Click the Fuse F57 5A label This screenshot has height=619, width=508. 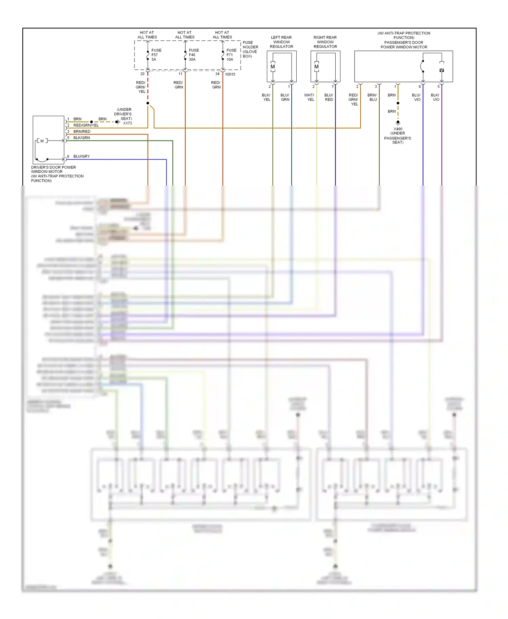pyautogui.click(x=156, y=55)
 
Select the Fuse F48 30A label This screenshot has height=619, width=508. pyautogui.click(x=194, y=55)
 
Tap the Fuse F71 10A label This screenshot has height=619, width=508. pyautogui.click(x=231, y=55)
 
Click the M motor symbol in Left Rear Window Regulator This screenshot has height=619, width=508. pyautogui.click(x=273, y=67)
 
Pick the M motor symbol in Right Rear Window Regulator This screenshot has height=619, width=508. pyautogui.click(x=316, y=67)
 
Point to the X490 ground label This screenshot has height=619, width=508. pyautogui.click(x=398, y=129)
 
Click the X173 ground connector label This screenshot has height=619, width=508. pyautogui.click(x=127, y=123)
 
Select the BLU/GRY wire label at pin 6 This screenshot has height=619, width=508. pyautogui.click(x=81, y=156)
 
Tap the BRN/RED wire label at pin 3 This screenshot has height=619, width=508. pyautogui.click(x=82, y=131)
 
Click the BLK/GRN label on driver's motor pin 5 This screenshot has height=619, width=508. pyautogui.click(x=81, y=138)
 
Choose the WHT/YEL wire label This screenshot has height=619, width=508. pyautogui.click(x=309, y=98)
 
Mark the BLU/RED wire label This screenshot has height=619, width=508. pyautogui.click(x=329, y=98)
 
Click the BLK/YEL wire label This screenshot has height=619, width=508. pyautogui.click(x=266, y=98)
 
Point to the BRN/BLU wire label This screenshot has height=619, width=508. pyautogui.click(x=372, y=98)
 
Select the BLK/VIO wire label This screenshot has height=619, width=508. pyautogui.click(x=435, y=98)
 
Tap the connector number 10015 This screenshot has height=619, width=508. pyautogui.click(x=230, y=74)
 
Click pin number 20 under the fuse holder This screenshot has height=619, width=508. pyautogui.click(x=142, y=74)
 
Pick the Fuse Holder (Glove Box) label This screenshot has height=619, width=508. pyautogui.click(x=250, y=49)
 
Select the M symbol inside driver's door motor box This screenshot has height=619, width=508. pyautogui.click(x=42, y=141)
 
